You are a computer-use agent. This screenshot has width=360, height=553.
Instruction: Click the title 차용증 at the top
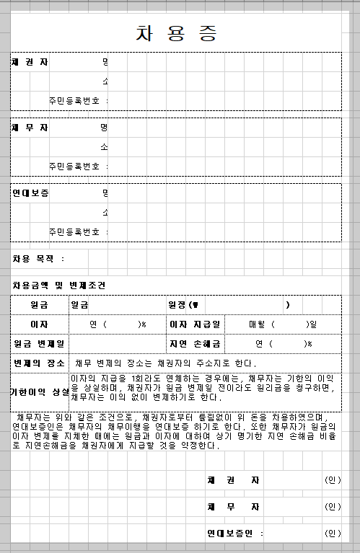pyautogui.click(x=176, y=33)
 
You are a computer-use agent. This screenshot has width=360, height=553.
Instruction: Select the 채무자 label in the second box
pyautogui.click(x=30, y=128)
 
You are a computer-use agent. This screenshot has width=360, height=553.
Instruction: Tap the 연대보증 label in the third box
pyautogui.click(x=30, y=193)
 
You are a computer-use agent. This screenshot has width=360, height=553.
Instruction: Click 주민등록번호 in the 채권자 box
pyautogui.click(x=75, y=100)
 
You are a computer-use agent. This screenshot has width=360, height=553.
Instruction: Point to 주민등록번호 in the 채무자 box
pyautogui.click(x=75, y=166)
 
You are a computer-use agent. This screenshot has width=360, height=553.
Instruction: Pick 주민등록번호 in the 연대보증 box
pyautogui.click(x=75, y=231)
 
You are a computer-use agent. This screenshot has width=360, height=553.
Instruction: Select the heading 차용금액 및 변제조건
pyautogui.click(x=58, y=286)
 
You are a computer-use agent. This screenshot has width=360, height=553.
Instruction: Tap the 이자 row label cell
pyautogui.click(x=39, y=324)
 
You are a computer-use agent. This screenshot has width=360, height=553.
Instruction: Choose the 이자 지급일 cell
pyautogui.click(x=196, y=324)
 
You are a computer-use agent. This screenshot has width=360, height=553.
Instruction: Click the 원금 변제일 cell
pyautogui.click(x=39, y=343)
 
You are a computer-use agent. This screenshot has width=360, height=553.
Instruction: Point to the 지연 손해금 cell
pyautogui.click(x=196, y=343)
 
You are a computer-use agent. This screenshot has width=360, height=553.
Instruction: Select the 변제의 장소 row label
pyautogui.click(x=39, y=363)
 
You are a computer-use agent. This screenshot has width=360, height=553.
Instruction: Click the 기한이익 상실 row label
pyautogui.click(x=40, y=392)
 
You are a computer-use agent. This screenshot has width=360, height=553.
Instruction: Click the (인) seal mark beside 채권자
pyautogui.click(x=333, y=480)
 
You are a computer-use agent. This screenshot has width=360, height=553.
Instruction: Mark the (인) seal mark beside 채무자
pyautogui.click(x=333, y=507)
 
